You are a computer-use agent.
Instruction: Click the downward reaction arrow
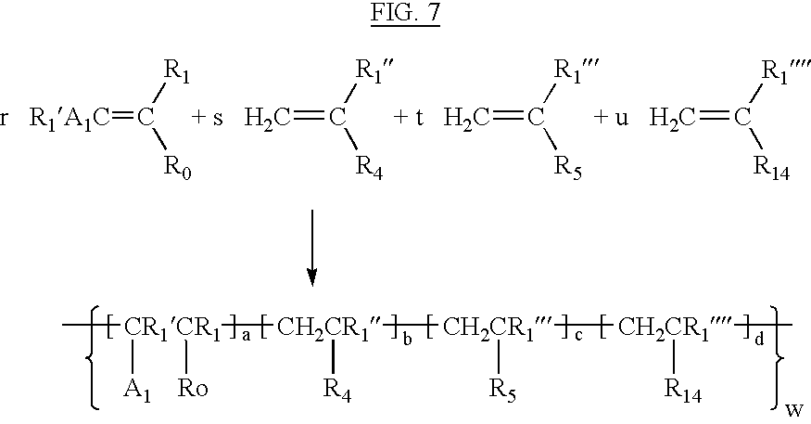tap(311, 248)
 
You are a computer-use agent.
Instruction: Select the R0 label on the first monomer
tap(177, 167)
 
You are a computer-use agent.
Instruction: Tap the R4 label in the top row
tap(369, 167)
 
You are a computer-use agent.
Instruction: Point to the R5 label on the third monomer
tap(568, 167)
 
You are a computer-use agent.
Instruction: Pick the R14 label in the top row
tap(772, 167)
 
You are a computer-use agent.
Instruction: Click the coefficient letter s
tap(218, 118)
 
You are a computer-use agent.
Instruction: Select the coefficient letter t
tap(419, 118)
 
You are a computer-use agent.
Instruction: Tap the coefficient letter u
tap(621, 118)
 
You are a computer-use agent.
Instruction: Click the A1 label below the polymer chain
tap(137, 390)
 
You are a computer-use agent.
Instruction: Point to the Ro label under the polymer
tap(193, 388)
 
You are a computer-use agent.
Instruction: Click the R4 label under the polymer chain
tap(337, 390)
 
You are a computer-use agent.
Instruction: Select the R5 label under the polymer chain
tap(502, 390)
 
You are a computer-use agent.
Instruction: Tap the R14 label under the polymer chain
tap(683, 390)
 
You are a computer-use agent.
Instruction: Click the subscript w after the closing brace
tap(794, 410)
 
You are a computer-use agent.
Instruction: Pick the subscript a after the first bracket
tap(247, 337)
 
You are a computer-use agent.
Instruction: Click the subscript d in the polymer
tap(759, 339)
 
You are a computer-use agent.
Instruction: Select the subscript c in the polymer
tap(578, 336)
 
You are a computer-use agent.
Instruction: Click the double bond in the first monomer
tap(123, 118)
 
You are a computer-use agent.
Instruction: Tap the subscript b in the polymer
tap(408, 339)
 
